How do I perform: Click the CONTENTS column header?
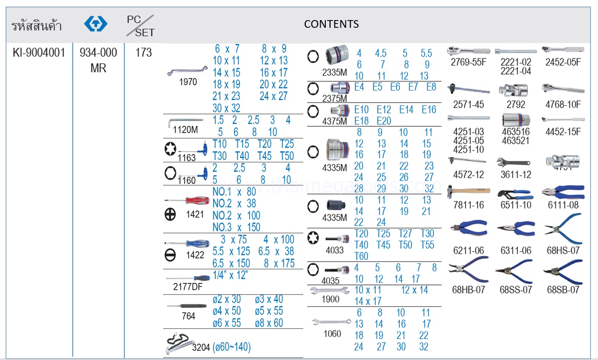(x=331, y=23)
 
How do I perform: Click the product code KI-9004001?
(x=39, y=53)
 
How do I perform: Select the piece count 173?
(x=143, y=53)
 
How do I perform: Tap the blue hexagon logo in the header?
(x=96, y=23)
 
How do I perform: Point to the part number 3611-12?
(x=516, y=175)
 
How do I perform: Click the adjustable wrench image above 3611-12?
(x=515, y=162)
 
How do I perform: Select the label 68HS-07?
(x=563, y=250)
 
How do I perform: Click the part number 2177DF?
(x=188, y=287)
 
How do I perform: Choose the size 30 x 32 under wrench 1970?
(x=226, y=108)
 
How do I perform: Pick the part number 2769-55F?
(x=469, y=62)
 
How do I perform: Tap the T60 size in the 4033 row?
(x=361, y=257)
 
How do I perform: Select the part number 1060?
(x=332, y=334)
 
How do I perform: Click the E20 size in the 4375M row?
(x=384, y=121)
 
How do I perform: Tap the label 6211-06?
(x=468, y=250)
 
